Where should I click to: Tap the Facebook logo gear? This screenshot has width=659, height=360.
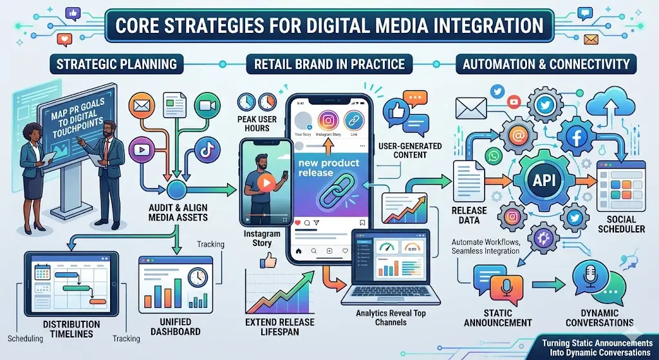tap(575, 137)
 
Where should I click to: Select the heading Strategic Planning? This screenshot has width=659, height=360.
tap(116, 64)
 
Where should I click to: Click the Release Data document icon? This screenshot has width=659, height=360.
tap(466, 182)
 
